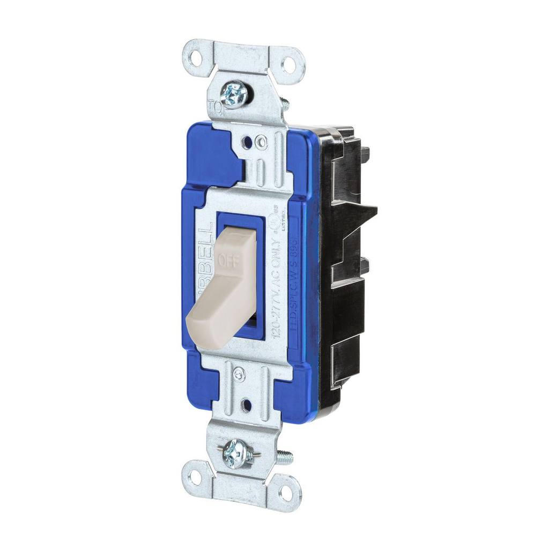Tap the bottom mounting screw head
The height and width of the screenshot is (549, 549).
[236, 453]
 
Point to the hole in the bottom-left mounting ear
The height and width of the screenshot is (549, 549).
[194, 477]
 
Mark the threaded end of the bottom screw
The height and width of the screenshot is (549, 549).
[284, 457]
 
